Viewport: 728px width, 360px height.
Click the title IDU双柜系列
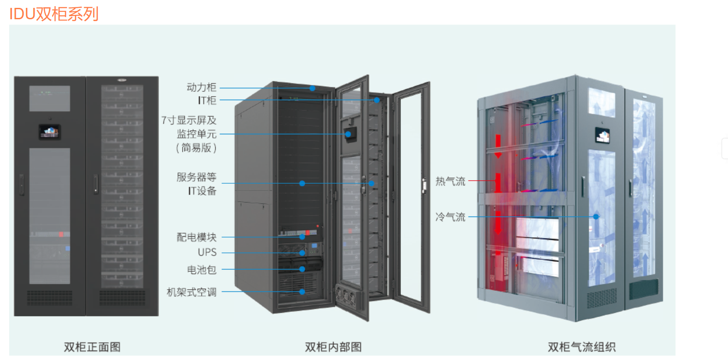(54, 14)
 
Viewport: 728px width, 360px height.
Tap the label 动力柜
(201, 87)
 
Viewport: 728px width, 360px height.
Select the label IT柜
(207, 100)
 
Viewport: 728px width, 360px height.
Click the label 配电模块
(196, 237)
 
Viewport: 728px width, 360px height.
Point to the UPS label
(207, 252)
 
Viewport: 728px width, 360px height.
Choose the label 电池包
(202, 270)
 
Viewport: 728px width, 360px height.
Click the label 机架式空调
(192, 292)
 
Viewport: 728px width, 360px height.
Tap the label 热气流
(450, 181)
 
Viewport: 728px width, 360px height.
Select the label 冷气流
(450, 217)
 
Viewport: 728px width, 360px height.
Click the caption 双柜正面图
(92, 347)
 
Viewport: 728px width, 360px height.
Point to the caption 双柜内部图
(333, 347)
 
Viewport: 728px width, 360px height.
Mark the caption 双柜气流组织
(582, 347)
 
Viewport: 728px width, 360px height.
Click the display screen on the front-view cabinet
(49, 132)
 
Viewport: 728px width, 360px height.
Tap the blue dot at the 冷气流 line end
(596, 217)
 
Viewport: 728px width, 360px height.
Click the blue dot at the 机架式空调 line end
(302, 292)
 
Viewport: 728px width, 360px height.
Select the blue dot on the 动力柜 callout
(313, 88)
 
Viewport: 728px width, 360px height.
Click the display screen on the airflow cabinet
(602, 136)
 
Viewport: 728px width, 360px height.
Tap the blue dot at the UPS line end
(302, 253)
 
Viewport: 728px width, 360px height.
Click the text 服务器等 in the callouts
(196, 177)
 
